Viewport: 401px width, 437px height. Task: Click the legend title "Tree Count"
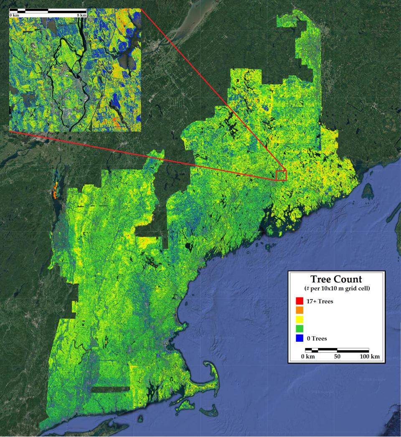(x=336, y=279)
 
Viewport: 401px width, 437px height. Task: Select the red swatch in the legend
(x=299, y=301)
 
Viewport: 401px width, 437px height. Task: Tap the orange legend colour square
(x=299, y=310)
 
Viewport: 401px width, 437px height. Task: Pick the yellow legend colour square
(x=299, y=320)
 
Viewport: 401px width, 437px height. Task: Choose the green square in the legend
(x=299, y=329)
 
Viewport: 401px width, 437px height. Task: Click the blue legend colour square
(x=299, y=338)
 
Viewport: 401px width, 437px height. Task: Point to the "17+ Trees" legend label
(x=320, y=301)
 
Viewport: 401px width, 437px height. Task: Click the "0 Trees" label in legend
(x=317, y=338)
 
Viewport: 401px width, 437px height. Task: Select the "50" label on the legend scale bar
(x=337, y=357)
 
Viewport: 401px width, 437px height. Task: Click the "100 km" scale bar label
(x=370, y=357)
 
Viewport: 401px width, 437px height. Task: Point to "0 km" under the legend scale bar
(x=308, y=357)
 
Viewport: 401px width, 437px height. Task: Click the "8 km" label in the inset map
(x=82, y=15)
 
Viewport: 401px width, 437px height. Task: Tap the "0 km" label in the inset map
(x=14, y=15)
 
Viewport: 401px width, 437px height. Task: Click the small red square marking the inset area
(x=281, y=175)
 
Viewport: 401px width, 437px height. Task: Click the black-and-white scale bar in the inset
(x=48, y=10)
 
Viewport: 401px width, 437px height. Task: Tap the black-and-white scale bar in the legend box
(x=337, y=350)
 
